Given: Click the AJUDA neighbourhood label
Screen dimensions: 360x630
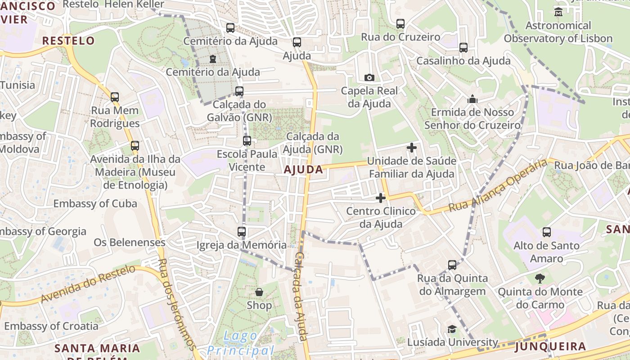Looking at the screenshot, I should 303,170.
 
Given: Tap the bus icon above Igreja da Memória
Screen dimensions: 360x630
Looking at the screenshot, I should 242,232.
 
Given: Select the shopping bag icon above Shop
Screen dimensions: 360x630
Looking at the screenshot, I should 259,292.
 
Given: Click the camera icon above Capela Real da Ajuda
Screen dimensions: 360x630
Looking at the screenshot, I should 369,77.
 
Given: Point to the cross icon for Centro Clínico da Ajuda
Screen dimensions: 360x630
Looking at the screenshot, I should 381,198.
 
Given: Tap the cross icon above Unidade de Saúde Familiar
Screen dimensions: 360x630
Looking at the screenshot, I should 411,147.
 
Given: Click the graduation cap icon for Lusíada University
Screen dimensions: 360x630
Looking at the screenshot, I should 452,329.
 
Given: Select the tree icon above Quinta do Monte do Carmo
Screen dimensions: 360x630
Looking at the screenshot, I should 540,279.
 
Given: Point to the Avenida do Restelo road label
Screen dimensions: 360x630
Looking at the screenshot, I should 88,284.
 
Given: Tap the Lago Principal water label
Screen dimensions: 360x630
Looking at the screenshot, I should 241,343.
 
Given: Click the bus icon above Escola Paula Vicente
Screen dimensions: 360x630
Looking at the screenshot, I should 247,140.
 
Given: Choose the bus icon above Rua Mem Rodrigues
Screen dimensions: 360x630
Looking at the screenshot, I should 115,97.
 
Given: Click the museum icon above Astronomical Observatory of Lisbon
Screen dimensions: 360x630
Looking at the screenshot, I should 558,12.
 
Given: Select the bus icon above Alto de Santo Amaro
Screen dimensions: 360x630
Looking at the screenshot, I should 546,232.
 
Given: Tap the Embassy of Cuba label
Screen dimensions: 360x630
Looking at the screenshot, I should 95,203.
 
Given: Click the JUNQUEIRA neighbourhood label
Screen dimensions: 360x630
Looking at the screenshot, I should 550,346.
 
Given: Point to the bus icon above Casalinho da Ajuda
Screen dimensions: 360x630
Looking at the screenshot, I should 463,47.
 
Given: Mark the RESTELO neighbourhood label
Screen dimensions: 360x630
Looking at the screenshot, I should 68,40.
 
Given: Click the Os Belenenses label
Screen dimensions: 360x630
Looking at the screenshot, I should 130,243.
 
